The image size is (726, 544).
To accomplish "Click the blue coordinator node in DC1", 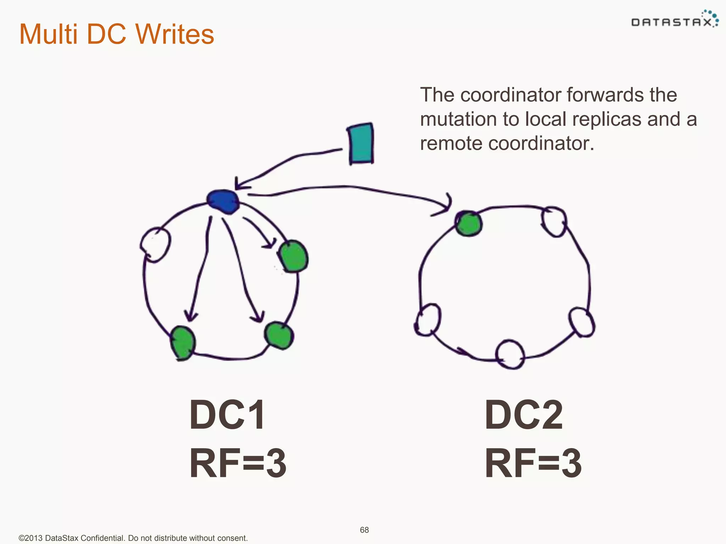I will tap(223, 202).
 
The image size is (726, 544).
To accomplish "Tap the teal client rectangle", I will tap(361, 144).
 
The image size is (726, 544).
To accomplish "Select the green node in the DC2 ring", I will tap(469, 224).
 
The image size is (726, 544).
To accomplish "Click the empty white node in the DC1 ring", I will tap(155, 244).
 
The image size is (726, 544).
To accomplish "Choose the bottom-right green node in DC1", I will tap(279, 335).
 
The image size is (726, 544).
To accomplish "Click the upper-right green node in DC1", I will tap(293, 256).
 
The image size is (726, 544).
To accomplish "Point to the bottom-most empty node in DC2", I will tap(510, 354).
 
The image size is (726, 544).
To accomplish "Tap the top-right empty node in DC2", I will tap(554, 222).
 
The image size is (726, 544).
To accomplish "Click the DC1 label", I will tap(227, 415).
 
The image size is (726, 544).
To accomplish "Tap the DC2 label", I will tap(524, 415).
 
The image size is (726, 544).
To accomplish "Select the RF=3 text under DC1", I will tap(238, 464).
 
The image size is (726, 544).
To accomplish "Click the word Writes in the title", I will tap(175, 34).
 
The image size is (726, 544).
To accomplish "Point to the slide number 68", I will tap(364, 530).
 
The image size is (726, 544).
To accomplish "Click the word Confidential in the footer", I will tap(102, 538).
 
